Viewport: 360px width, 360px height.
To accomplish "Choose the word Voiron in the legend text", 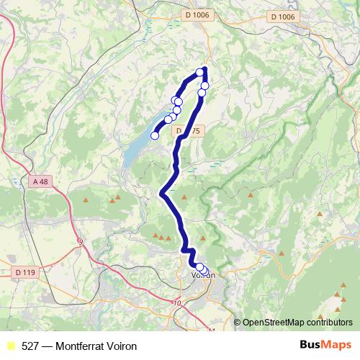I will (122, 346).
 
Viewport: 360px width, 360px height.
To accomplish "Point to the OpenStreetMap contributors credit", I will (297, 322).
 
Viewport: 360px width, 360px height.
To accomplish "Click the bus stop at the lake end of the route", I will (154, 135).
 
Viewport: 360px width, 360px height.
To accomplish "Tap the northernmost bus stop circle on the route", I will (200, 71).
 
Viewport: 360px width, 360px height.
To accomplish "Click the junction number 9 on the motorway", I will (80, 242).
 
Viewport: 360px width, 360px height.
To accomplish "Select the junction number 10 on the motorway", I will (177, 303).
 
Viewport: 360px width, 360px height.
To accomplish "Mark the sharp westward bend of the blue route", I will (163, 192).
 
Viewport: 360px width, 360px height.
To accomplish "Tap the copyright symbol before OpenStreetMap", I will (238, 322).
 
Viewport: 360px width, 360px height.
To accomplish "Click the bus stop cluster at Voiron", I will (202, 269).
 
